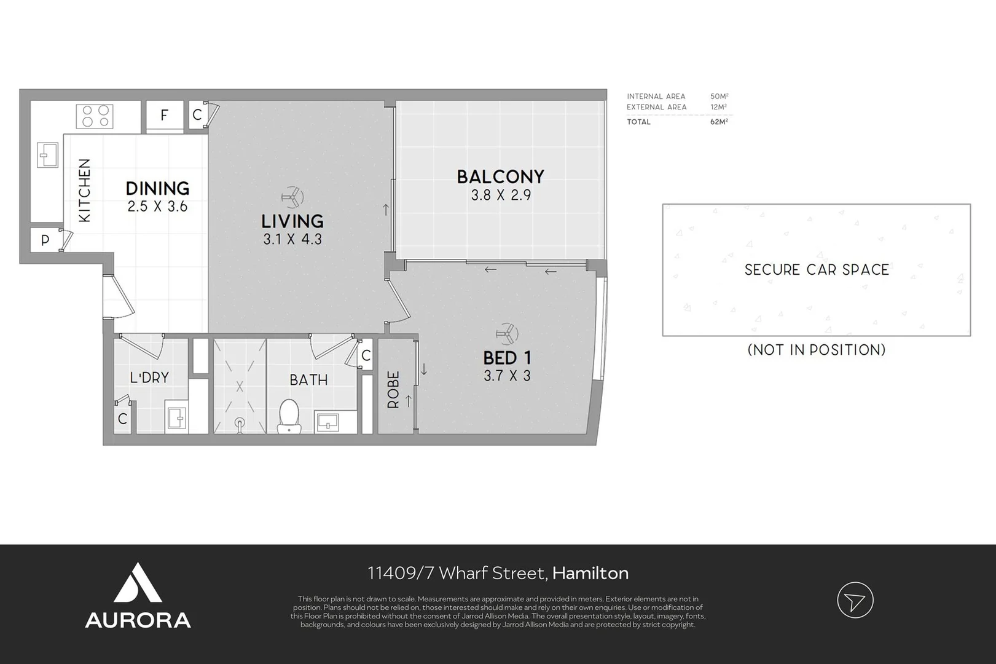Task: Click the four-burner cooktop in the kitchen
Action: click(95, 116)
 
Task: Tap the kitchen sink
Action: click(47, 155)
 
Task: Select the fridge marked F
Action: click(165, 115)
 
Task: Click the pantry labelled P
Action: click(45, 240)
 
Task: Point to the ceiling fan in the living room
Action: click(292, 197)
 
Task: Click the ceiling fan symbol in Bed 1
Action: click(507, 334)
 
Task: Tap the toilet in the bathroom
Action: click(289, 416)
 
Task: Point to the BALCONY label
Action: click(501, 176)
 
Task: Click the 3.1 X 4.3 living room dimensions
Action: click(292, 239)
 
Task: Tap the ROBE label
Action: click(393, 390)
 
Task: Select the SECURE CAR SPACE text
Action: click(817, 270)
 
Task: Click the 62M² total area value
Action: click(719, 122)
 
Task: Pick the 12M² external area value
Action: click(718, 107)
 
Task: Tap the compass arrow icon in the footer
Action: click(855, 600)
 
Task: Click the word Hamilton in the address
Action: click(590, 573)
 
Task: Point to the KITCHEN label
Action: click(84, 191)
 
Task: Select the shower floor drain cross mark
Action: click(240, 386)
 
